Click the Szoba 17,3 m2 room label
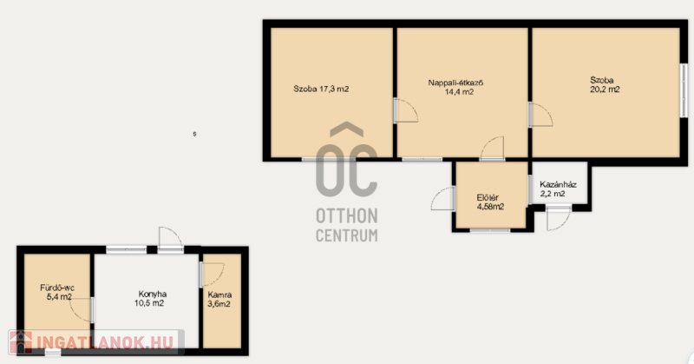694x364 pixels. (x=321, y=89)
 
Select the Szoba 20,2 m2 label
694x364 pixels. (x=605, y=84)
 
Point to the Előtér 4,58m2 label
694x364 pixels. (x=490, y=202)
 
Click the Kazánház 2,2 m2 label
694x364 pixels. (x=558, y=189)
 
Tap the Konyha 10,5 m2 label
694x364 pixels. (x=150, y=299)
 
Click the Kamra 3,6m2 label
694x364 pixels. (x=219, y=299)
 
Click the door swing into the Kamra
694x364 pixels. (x=212, y=275)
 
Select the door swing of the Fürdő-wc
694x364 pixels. (x=82, y=309)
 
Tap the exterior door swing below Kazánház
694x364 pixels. (x=559, y=218)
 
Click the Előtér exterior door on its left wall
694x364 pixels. (x=443, y=198)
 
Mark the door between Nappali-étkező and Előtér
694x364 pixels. (x=492, y=148)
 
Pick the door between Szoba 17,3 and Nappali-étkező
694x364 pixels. (x=406, y=111)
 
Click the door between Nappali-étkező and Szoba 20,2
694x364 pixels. (x=540, y=116)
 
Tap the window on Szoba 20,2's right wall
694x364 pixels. (x=684, y=91)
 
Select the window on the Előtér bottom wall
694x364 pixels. (x=490, y=230)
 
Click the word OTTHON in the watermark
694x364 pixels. (x=347, y=216)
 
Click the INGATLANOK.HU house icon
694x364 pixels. (x=21, y=342)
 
